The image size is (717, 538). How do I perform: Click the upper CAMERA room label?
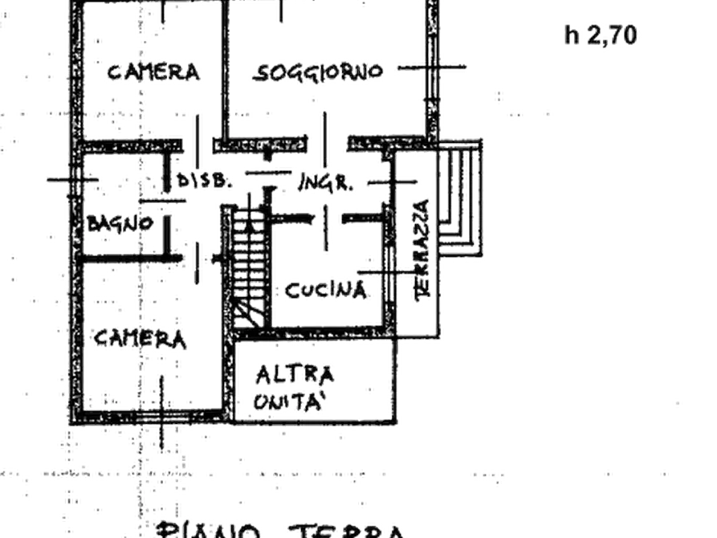[153, 72]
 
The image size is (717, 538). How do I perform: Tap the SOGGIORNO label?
[318, 72]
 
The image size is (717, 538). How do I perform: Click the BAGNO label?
[121, 222]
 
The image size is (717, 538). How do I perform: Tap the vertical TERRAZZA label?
[422, 253]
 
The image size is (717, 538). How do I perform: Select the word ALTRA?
[295, 374]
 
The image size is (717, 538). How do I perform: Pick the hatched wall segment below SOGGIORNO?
[259, 144]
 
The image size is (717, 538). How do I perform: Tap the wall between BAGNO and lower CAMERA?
[132, 258]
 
